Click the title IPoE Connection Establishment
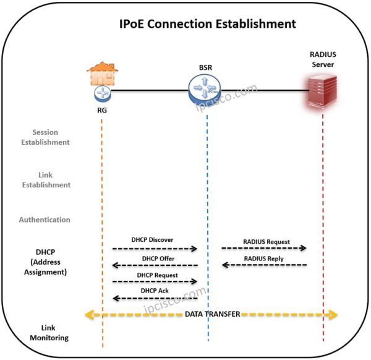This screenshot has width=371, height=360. (x=208, y=24)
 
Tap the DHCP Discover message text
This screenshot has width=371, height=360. (x=152, y=239)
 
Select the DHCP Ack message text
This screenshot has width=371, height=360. (x=154, y=291)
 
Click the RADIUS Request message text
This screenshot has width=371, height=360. (x=267, y=241)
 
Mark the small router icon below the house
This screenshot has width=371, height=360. (x=102, y=93)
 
